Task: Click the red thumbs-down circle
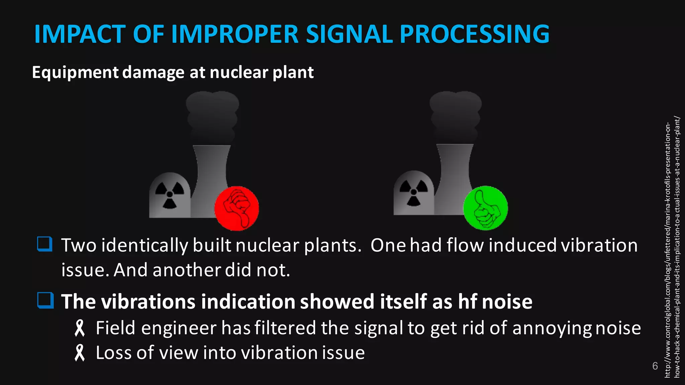pyautogui.click(x=236, y=208)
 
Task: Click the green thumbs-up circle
pyautogui.click(x=485, y=208)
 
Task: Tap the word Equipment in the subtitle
pyautogui.click(x=75, y=73)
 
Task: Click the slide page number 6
pyautogui.click(x=655, y=366)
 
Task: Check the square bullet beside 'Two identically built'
pyautogui.click(x=45, y=244)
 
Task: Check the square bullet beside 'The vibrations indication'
pyautogui.click(x=45, y=300)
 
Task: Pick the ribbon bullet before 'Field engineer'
pyautogui.click(x=80, y=328)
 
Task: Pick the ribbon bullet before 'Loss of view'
pyautogui.click(x=80, y=353)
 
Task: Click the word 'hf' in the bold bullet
pyautogui.click(x=467, y=301)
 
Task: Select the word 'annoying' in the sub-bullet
pyautogui.click(x=552, y=328)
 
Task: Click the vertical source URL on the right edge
pyautogui.click(x=672, y=247)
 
